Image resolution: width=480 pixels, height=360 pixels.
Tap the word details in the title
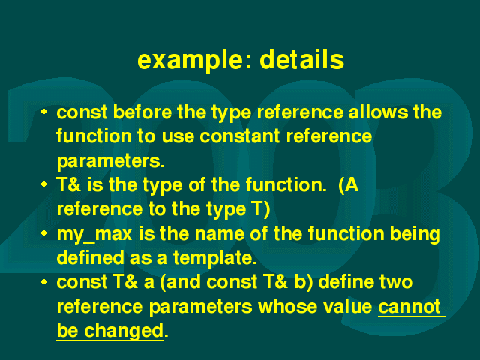(301, 59)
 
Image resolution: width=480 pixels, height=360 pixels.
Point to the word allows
(378, 112)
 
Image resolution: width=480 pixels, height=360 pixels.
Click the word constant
(240, 136)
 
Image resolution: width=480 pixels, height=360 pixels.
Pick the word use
(178, 136)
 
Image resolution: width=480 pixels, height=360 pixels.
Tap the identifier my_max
(94, 235)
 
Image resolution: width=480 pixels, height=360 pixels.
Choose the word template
(215, 258)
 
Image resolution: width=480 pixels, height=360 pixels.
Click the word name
(219, 234)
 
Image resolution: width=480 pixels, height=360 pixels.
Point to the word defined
(90, 257)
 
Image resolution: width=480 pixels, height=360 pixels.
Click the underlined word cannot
(409, 307)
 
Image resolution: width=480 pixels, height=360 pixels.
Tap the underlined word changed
(124, 331)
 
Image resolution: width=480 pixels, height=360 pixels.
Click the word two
(396, 282)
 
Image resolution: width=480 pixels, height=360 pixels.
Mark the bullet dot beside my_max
(44, 233)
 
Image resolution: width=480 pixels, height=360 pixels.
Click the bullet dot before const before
(44, 112)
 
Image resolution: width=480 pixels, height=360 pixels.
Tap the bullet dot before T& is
(44, 184)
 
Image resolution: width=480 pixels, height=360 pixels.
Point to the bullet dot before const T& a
(44, 282)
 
